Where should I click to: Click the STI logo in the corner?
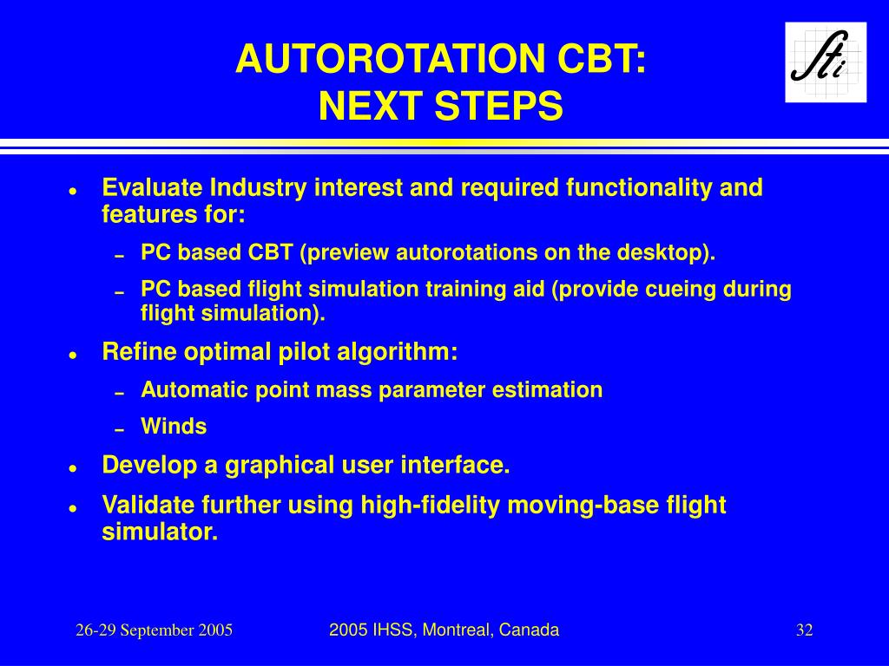(x=826, y=62)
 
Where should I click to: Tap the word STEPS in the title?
(x=498, y=107)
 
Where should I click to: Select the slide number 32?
(x=805, y=630)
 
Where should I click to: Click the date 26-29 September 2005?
(x=155, y=630)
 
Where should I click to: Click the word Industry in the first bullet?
(x=258, y=188)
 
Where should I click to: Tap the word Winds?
(x=174, y=427)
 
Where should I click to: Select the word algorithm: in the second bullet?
(x=397, y=352)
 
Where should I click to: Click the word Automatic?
(x=194, y=389)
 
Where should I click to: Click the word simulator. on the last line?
(x=160, y=532)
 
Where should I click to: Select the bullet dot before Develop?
(x=73, y=468)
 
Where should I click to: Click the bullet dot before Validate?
(x=73, y=508)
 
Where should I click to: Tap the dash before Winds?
(x=119, y=430)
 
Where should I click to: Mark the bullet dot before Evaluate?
(x=73, y=192)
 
